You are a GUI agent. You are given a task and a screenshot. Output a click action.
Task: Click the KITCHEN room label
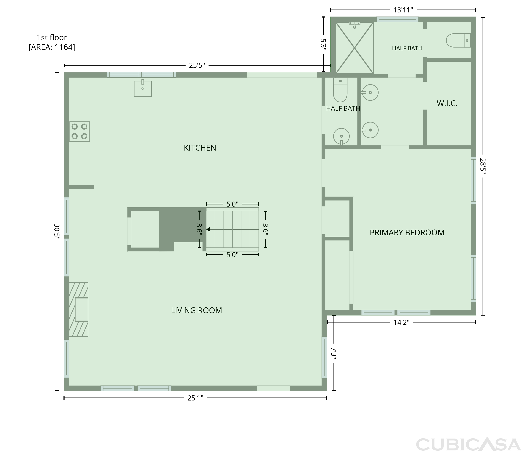pyautogui.click(x=200, y=148)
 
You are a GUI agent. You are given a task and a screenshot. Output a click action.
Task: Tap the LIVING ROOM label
pyautogui.click(x=196, y=310)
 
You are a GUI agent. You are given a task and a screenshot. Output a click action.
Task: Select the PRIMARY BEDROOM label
pyautogui.click(x=407, y=233)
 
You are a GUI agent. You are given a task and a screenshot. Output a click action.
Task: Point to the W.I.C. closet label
pyautogui.click(x=447, y=104)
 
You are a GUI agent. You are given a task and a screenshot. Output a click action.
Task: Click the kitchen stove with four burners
pyautogui.click(x=79, y=131)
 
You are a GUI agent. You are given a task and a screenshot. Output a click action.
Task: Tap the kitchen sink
pyautogui.click(x=143, y=88)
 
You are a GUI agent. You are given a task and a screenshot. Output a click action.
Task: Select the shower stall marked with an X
pyautogui.click(x=355, y=48)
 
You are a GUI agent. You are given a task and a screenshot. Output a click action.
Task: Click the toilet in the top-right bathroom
pyautogui.click(x=458, y=40)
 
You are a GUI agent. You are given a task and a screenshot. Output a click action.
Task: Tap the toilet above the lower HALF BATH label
pyautogui.click(x=340, y=90)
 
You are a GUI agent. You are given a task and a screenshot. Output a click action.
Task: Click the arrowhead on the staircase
pyautogui.click(x=208, y=229)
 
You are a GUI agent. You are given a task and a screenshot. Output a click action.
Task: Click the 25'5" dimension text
pyautogui.click(x=197, y=66)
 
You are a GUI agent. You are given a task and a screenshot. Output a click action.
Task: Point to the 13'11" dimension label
pyautogui.click(x=403, y=10)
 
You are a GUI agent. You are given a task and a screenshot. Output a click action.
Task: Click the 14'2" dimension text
pyautogui.click(x=401, y=322)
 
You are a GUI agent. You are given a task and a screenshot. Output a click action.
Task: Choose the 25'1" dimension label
pyautogui.click(x=195, y=398)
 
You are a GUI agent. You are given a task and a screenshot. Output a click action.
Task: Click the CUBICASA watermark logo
pyautogui.click(x=468, y=445)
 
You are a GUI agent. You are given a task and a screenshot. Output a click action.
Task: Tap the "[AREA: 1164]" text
pyautogui.click(x=52, y=47)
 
